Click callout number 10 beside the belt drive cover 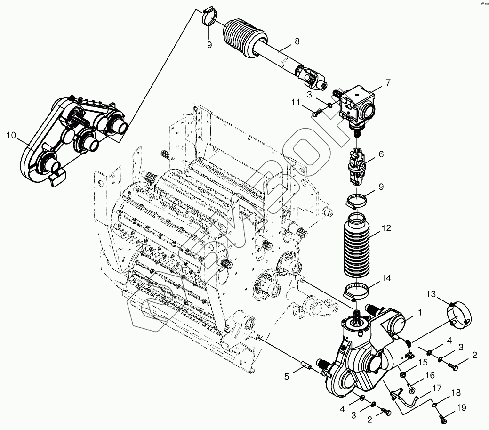click(x=11, y=136)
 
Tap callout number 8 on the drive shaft click(x=297, y=41)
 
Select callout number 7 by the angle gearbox click(x=388, y=83)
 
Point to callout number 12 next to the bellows click(x=386, y=228)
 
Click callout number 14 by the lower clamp click(x=386, y=278)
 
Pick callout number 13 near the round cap click(x=431, y=294)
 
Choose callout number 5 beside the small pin click(x=287, y=377)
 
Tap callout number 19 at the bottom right click(x=461, y=407)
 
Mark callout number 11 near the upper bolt click(x=296, y=102)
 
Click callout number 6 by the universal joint click(x=381, y=154)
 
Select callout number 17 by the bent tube click(x=437, y=388)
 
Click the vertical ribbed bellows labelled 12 click(x=357, y=245)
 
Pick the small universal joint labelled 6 click(x=357, y=168)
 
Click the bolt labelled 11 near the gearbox click(x=317, y=113)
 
